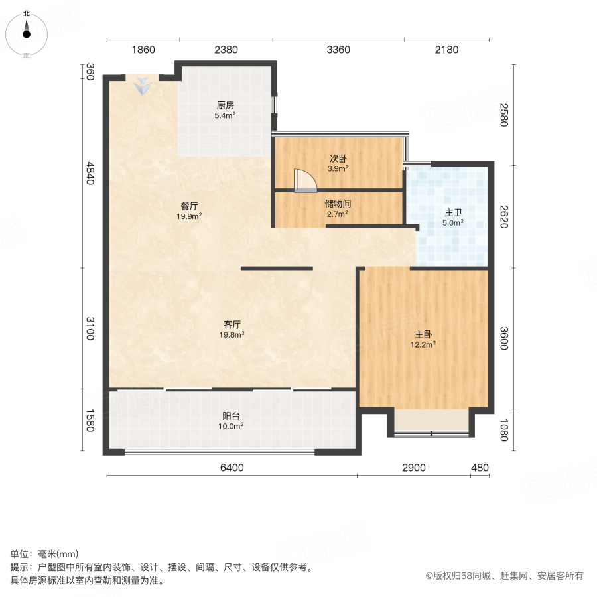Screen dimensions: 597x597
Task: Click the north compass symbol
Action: coord(27,32)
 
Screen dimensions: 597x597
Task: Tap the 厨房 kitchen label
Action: coord(225,105)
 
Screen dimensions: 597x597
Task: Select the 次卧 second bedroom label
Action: coord(338,159)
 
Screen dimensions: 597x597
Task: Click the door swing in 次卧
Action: coord(304,180)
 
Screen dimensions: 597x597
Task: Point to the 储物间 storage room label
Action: coord(338,204)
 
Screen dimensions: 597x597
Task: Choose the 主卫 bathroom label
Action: coord(453,212)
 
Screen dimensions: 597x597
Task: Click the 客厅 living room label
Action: coord(232,324)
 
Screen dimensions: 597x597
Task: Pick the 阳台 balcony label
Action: coord(231,416)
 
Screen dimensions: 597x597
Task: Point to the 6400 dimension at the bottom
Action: coord(232,468)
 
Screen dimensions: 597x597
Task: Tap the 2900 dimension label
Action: coord(413,468)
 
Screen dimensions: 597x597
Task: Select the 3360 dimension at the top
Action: coord(338,50)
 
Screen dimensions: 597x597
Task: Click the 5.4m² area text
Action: coord(225,115)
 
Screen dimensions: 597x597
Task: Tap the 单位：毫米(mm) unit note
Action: coord(44,555)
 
